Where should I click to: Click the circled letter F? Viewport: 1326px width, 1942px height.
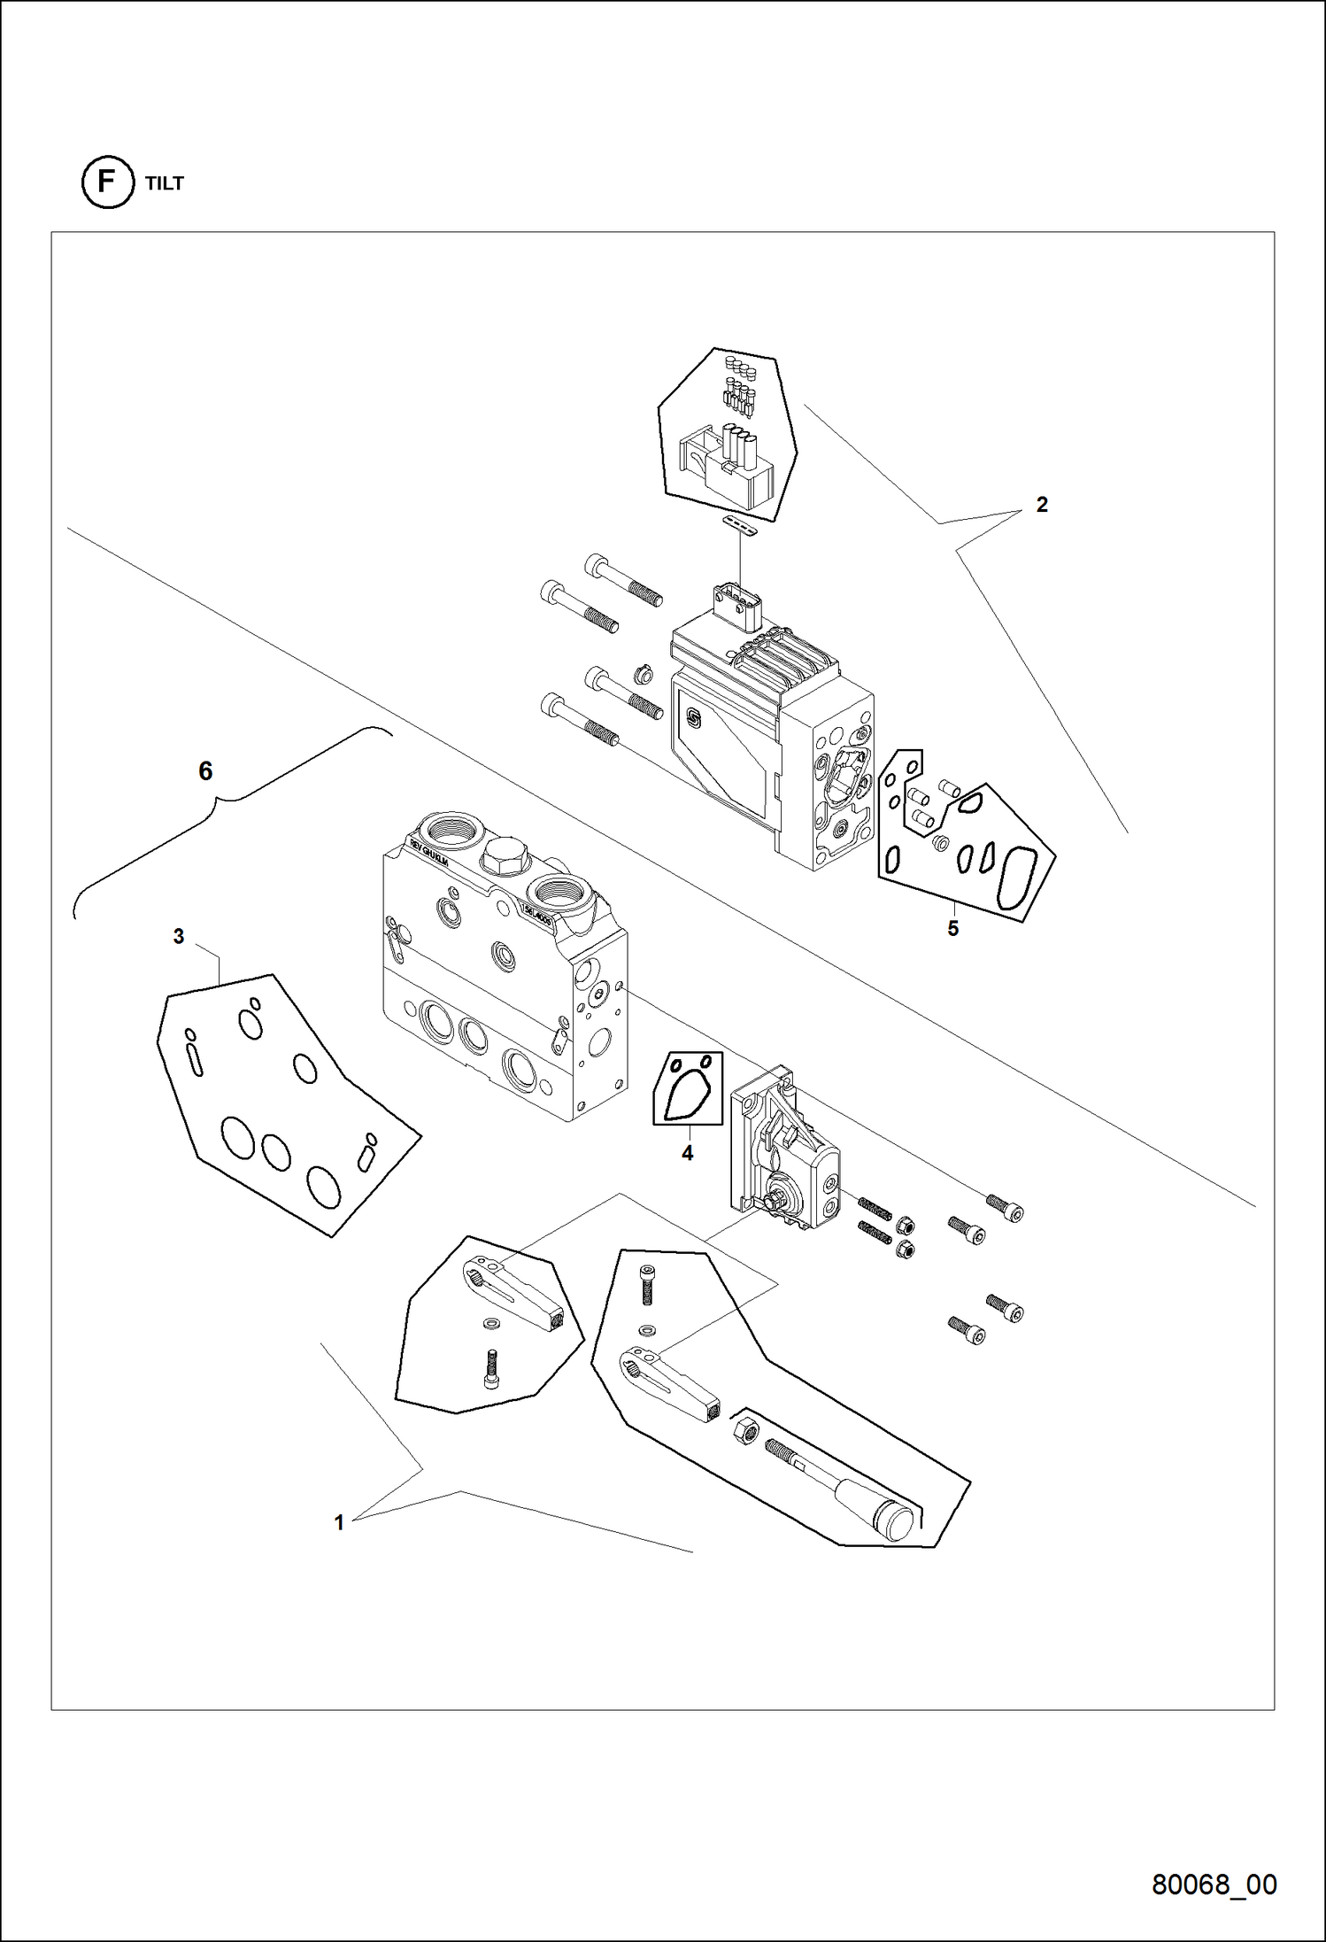pyautogui.click(x=107, y=182)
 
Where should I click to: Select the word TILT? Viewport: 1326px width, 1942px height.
pyautogui.click(x=165, y=183)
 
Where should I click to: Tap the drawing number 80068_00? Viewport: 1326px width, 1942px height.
pyautogui.click(x=1214, y=1884)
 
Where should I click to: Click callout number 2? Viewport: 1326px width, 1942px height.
pyautogui.click(x=1042, y=505)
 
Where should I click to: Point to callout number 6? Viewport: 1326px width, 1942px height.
pyautogui.click(x=205, y=771)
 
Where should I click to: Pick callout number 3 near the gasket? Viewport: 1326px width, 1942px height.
pyautogui.click(x=179, y=936)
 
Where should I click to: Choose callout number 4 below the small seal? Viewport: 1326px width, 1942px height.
pyautogui.click(x=687, y=1153)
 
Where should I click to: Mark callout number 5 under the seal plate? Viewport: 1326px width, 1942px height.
pyautogui.click(x=952, y=928)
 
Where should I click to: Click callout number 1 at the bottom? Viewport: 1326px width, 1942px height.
pyautogui.click(x=338, y=1523)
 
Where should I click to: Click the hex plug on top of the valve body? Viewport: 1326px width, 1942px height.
pyautogui.click(x=504, y=855)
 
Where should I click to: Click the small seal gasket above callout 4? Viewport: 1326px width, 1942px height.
pyautogui.click(x=689, y=1088)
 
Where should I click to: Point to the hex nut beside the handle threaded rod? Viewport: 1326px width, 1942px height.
pyautogui.click(x=745, y=1429)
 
